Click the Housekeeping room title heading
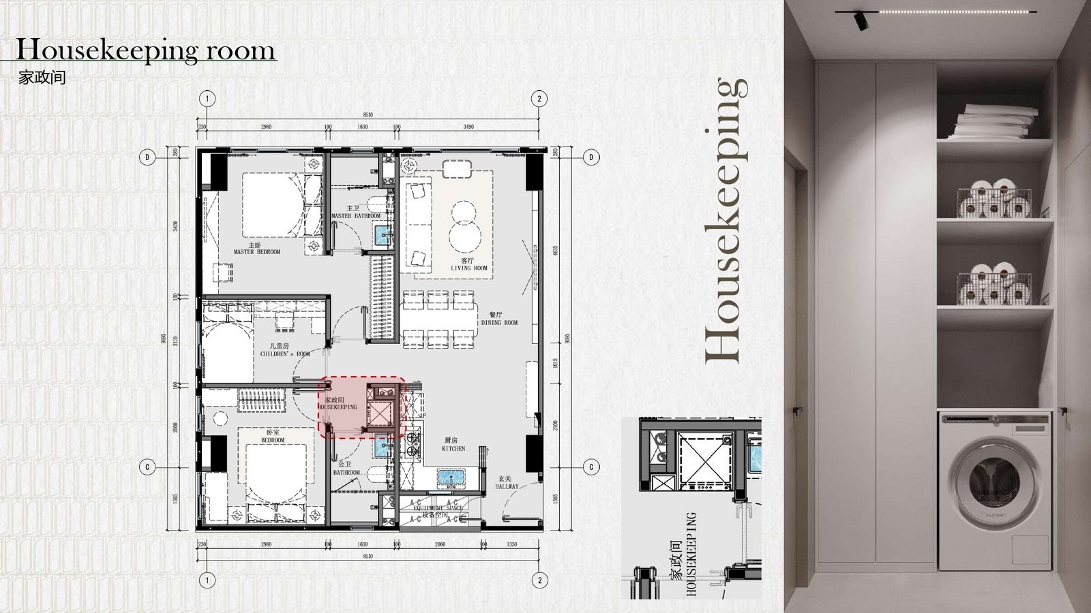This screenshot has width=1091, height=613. point(145,50)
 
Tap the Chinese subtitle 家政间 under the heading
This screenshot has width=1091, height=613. point(42,77)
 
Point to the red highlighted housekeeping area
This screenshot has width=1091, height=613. point(362,407)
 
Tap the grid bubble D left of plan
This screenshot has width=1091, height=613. point(147,157)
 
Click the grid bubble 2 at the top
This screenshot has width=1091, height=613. point(539,99)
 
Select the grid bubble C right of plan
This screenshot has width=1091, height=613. point(591,467)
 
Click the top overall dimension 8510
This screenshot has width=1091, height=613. point(368,115)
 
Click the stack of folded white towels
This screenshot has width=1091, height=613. point(995,121)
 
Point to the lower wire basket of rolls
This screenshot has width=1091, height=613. point(994,284)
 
